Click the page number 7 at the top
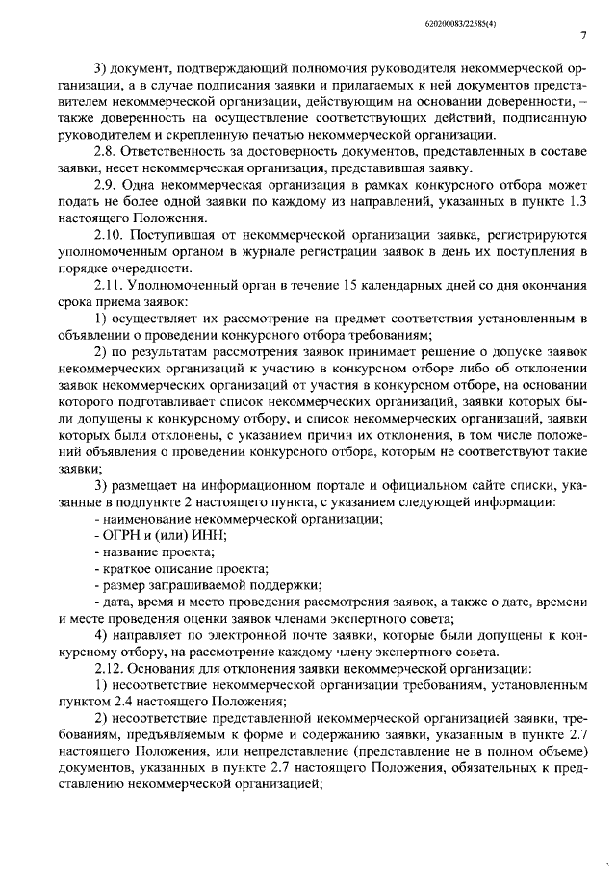[584, 36]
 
